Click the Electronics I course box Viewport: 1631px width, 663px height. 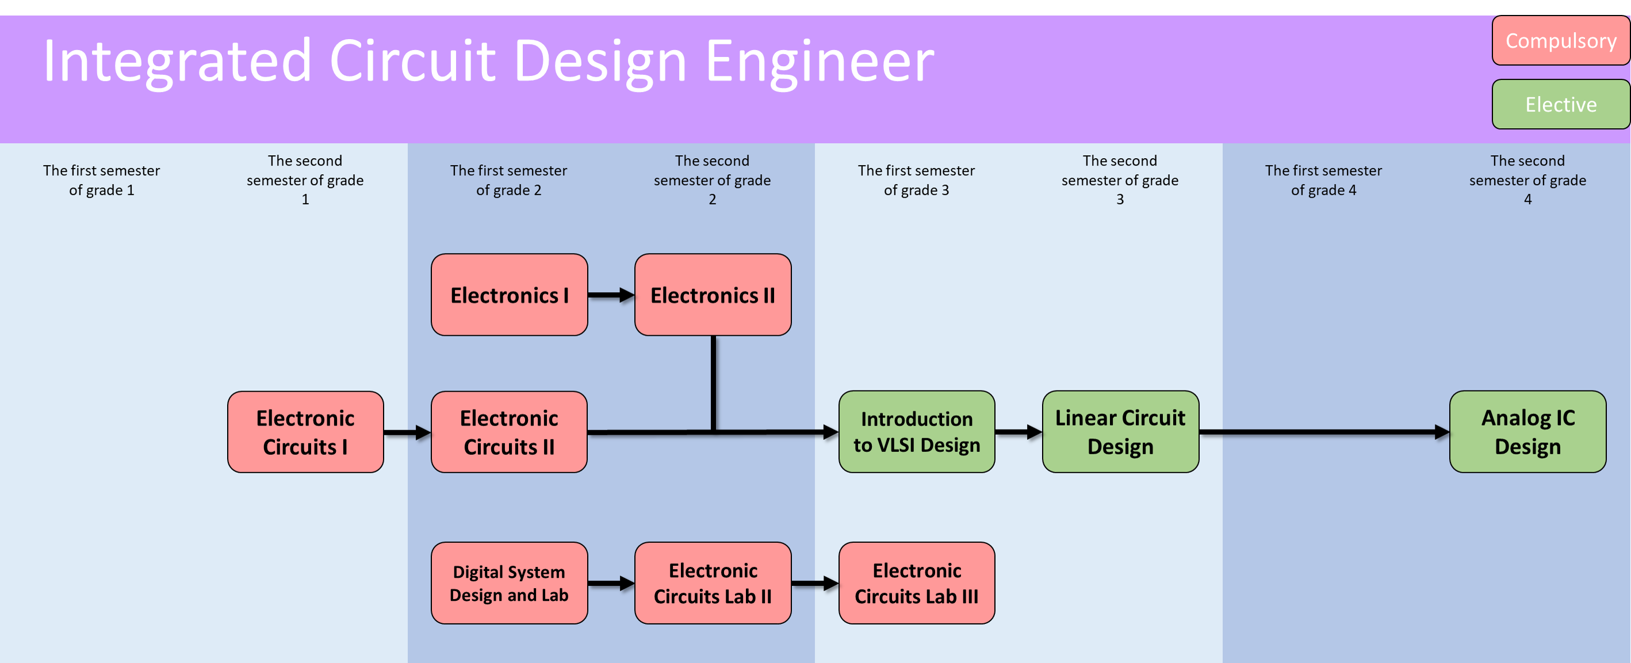pyautogui.click(x=509, y=295)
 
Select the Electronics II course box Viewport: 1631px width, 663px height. pyautogui.click(x=713, y=295)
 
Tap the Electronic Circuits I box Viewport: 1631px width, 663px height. pyautogui.click(x=305, y=432)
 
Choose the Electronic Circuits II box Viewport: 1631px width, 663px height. pyautogui.click(x=509, y=432)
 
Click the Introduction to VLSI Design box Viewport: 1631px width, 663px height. pyautogui.click(x=917, y=432)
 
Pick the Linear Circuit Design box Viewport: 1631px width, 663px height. pyautogui.click(x=1120, y=432)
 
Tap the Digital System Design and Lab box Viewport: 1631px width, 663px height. pyautogui.click(x=509, y=583)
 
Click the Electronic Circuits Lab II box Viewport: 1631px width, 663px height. pyautogui.click(x=713, y=583)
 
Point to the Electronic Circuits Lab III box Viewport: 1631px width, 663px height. pyautogui.click(x=917, y=583)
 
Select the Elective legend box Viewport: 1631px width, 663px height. pyautogui.click(x=1560, y=105)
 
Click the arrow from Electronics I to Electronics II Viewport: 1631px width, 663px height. pyautogui.click(x=611, y=295)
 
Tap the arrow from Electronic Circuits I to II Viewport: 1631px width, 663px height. pyautogui.click(x=407, y=433)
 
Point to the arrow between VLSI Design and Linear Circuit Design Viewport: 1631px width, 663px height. pyautogui.click(x=1018, y=432)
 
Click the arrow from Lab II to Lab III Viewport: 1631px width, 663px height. pyautogui.click(x=815, y=583)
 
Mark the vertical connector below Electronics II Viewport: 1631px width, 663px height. pyautogui.click(x=714, y=383)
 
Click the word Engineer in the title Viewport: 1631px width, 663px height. pyautogui.click(x=820, y=62)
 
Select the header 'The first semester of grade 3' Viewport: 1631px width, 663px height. pyautogui.click(x=916, y=181)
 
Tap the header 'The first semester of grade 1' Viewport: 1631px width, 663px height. pyautogui.click(x=101, y=181)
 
